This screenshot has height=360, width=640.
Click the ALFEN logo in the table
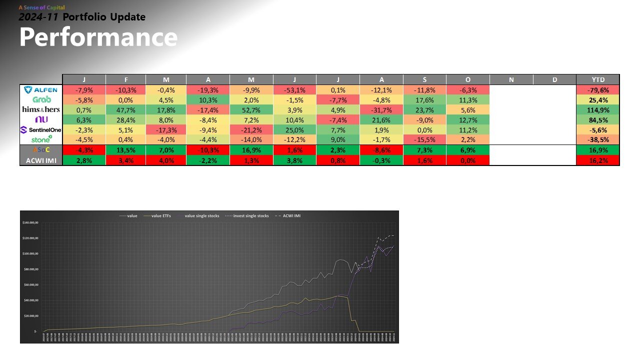click(x=41, y=90)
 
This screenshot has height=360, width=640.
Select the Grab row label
click(x=41, y=99)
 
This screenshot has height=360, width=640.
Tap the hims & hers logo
click(x=41, y=109)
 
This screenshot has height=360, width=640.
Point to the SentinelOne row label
click(x=41, y=129)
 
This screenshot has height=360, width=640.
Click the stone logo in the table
click(x=41, y=139)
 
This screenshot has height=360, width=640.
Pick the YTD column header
click(x=597, y=79)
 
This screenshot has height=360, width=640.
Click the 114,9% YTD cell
click(x=597, y=109)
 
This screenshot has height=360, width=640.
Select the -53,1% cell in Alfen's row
click(x=294, y=90)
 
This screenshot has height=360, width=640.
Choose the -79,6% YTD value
click(x=597, y=90)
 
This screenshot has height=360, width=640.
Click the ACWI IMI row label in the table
click(x=41, y=160)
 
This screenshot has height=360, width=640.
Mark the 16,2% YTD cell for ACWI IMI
click(x=597, y=160)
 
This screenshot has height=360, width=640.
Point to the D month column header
click(x=554, y=79)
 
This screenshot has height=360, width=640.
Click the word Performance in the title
click(x=98, y=37)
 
